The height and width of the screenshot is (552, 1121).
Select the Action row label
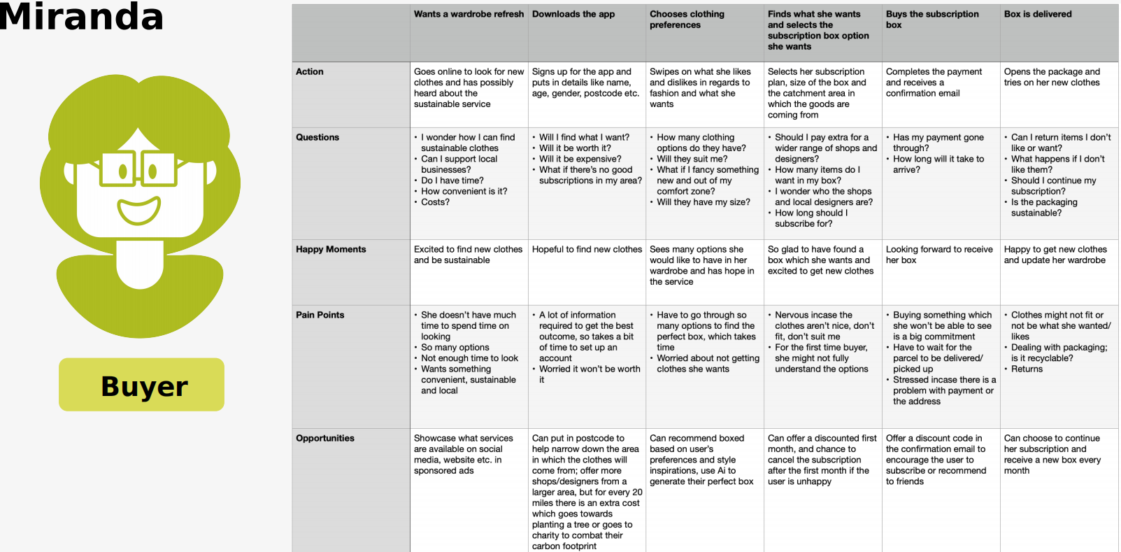click(x=309, y=71)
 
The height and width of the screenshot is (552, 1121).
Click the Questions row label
click(x=317, y=137)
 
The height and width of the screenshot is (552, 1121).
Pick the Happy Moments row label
click(x=331, y=249)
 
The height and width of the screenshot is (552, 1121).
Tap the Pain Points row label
click(x=320, y=315)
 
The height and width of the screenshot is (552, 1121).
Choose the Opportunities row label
click(x=324, y=438)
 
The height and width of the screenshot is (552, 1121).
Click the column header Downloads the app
click(x=573, y=14)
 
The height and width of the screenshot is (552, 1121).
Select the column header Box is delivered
click(x=1038, y=14)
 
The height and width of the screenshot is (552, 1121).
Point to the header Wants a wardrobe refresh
click(x=469, y=14)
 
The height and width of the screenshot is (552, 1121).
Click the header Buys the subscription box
click(x=932, y=19)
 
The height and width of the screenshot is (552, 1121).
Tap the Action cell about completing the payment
click(x=934, y=83)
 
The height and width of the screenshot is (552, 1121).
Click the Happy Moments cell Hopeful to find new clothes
click(x=587, y=249)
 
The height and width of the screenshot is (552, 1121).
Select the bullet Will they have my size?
click(x=703, y=202)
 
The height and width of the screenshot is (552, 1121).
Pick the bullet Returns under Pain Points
click(x=1027, y=369)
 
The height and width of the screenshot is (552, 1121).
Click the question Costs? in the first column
click(x=435, y=202)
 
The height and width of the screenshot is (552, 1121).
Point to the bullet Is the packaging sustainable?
click(x=1043, y=208)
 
